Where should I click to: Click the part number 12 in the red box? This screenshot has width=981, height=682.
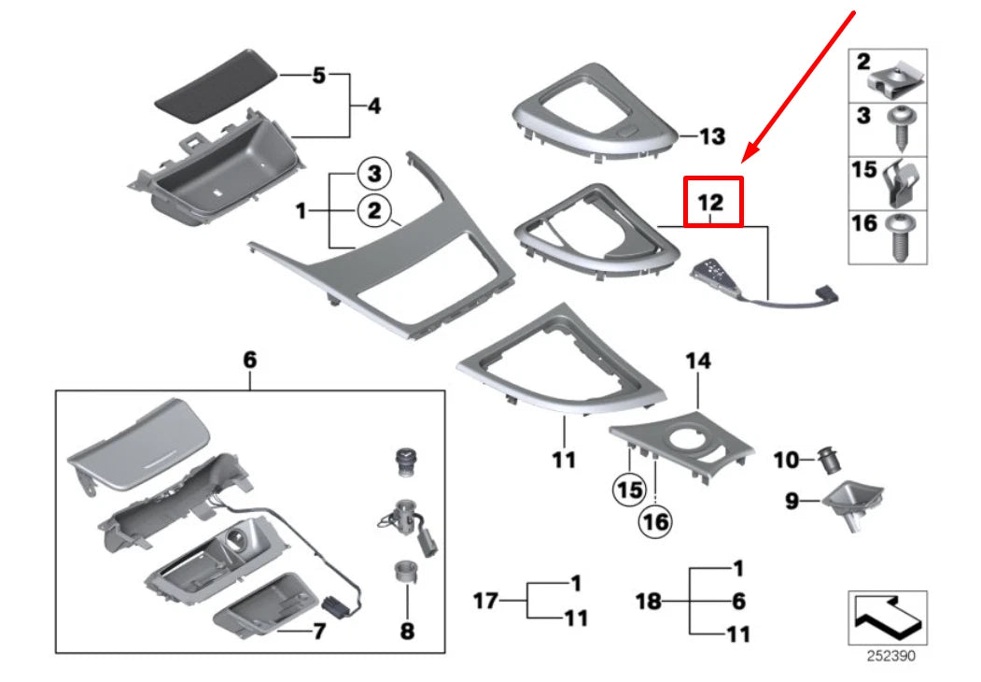tap(712, 201)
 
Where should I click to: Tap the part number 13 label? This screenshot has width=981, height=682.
tap(711, 137)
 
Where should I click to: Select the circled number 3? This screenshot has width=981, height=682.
tap(374, 174)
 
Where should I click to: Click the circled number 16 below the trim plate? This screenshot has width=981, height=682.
tap(655, 521)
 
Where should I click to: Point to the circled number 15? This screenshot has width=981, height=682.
tap(629, 488)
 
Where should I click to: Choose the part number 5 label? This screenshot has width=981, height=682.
tap(318, 75)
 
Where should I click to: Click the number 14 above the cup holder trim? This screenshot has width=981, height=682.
tap(697, 361)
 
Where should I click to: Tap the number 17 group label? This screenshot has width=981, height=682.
tap(485, 601)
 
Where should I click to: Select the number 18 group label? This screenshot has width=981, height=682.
tap(649, 601)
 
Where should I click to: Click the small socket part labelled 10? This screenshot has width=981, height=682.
tap(825, 459)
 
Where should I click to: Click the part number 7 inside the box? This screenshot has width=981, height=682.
tap(317, 632)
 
